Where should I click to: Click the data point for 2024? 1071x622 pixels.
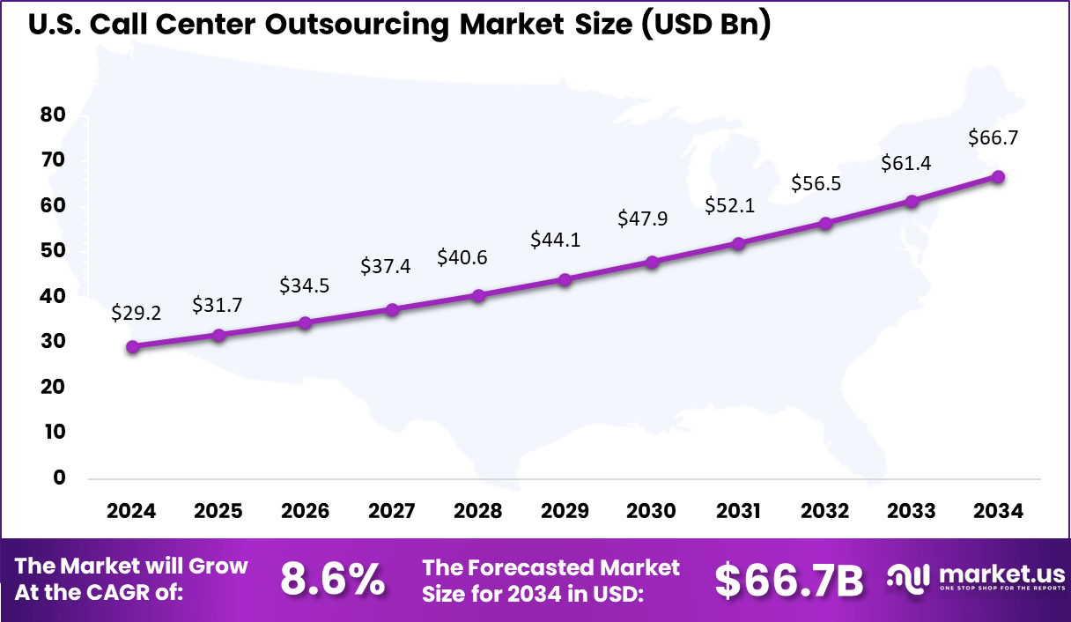coord(132,347)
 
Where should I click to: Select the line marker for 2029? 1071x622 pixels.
coord(565,280)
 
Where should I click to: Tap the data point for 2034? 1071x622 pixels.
coord(998,177)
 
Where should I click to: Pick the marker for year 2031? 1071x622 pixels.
coord(738,244)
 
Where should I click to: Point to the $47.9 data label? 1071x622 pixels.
coord(643,218)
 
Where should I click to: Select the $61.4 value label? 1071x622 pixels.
coord(906,163)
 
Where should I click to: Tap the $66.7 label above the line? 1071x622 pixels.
coord(993,137)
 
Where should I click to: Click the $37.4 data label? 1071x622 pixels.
coord(386,265)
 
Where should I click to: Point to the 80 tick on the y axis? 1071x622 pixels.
coord(53,115)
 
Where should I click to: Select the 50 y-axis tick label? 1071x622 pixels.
coord(53,251)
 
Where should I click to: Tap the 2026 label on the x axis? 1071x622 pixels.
coord(305,512)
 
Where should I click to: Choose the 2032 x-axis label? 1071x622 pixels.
coord(825,512)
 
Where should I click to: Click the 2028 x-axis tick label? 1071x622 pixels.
coord(478,512)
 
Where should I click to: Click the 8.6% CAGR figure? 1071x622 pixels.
coord(332,580)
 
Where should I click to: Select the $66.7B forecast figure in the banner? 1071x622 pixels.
coord(788,580)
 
